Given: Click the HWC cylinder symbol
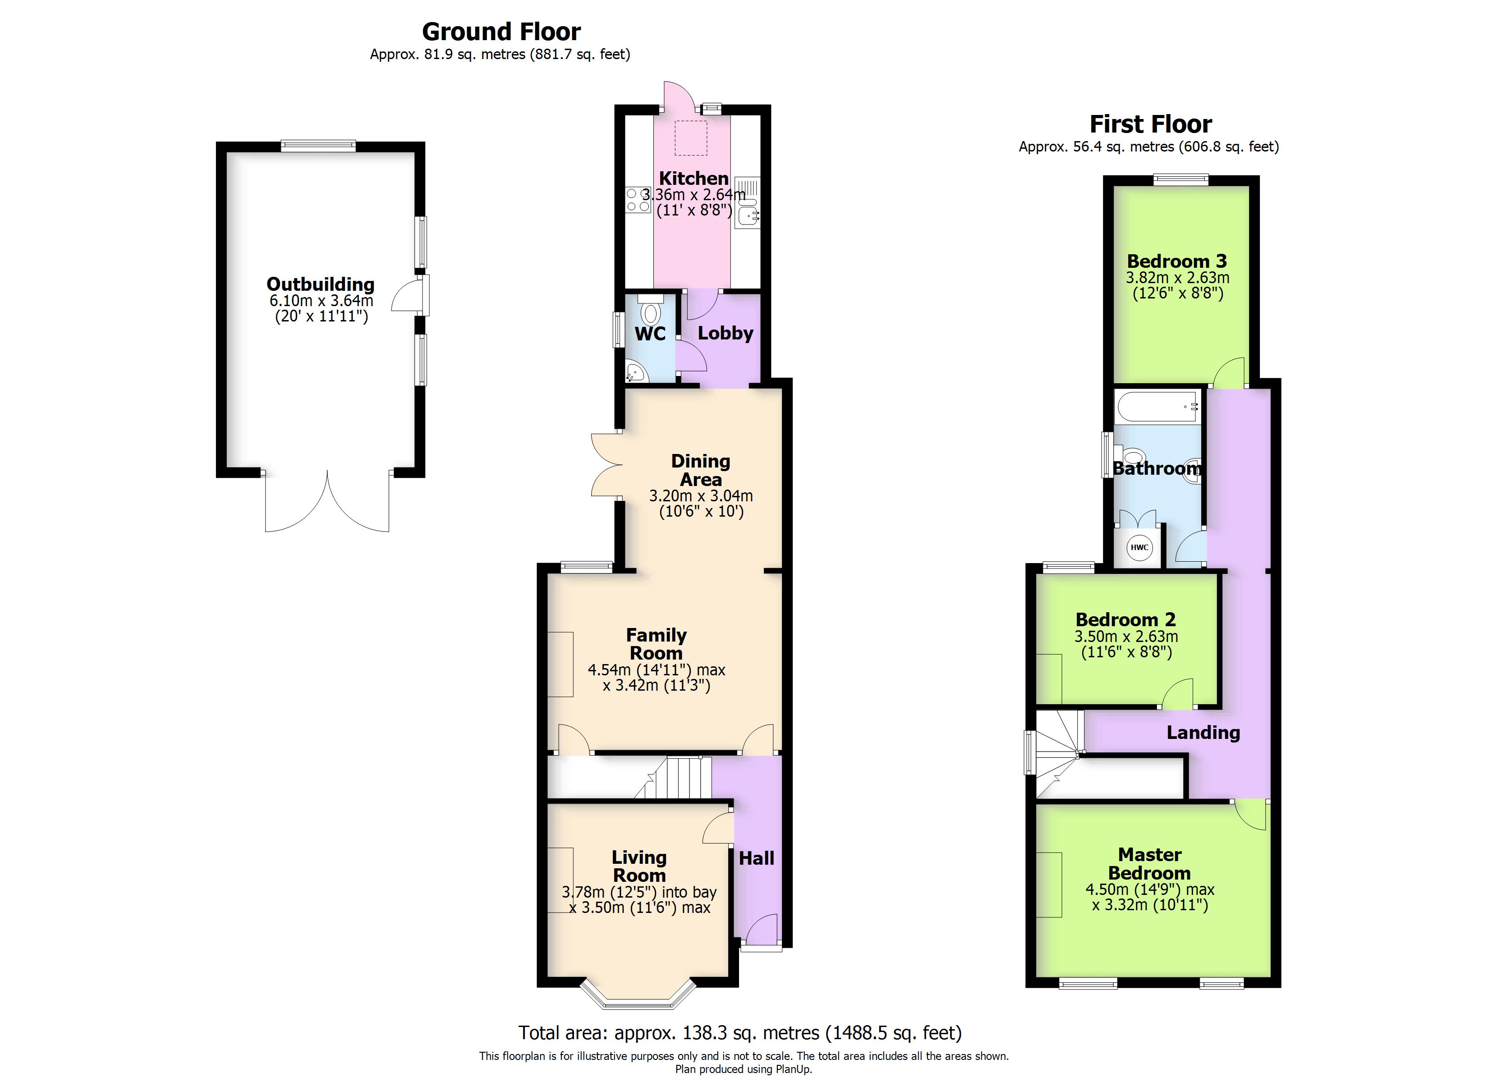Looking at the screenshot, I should (x=1139, y=548).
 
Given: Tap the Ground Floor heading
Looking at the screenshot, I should (x=501, y=32).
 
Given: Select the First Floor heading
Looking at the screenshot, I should (x=1151, y=124).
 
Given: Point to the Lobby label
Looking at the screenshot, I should (x=725, y=333).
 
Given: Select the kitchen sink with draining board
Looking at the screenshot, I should (x=747, y=203).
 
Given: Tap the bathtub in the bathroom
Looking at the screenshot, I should (x=1158, y=407).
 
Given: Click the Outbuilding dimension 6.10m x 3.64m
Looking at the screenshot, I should (x=321, y=301).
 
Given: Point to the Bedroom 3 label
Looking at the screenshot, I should (x=1177, y=261).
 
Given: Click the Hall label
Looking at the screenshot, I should (x=757, y=858).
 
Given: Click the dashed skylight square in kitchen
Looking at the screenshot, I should (x=691, y=138).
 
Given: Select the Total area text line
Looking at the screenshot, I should (x=739, y=1033).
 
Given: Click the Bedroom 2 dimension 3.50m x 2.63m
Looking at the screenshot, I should (x=1126, y=637).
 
